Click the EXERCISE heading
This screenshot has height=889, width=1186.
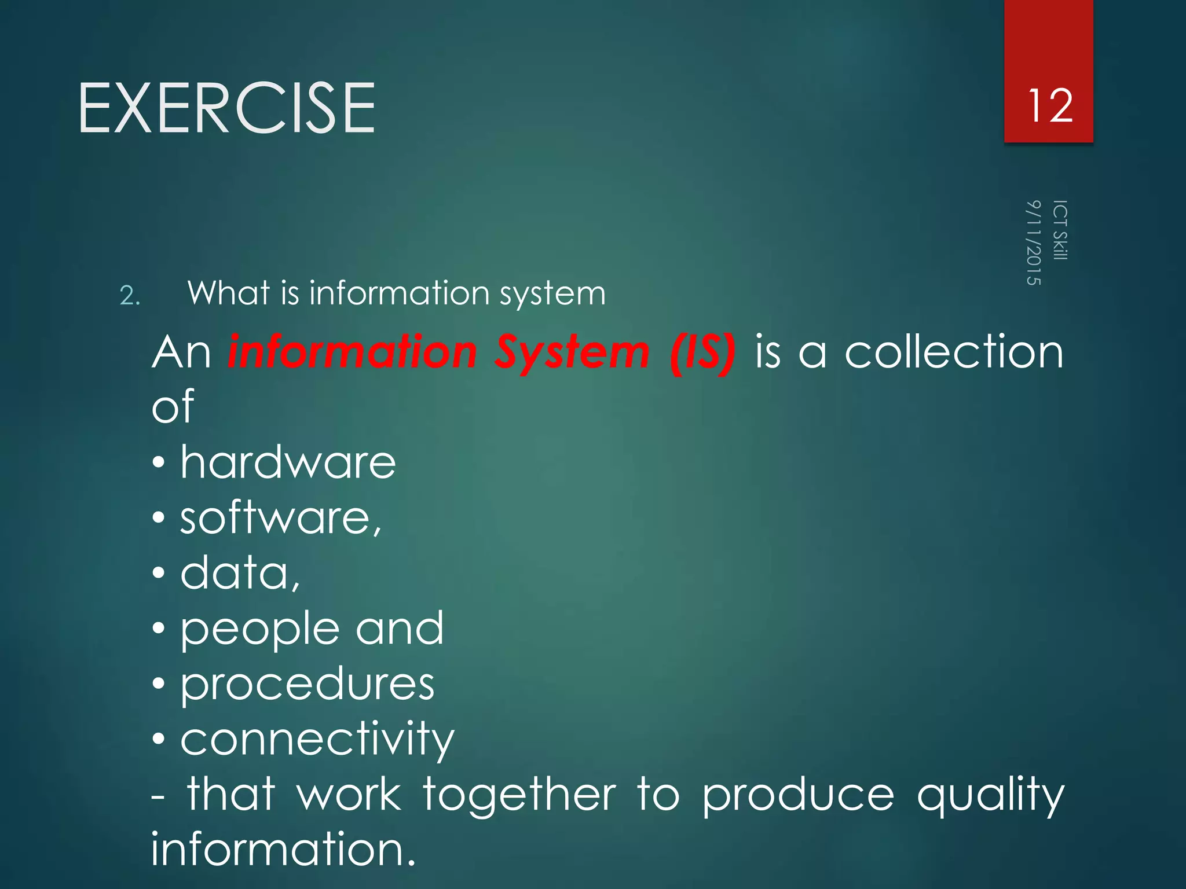point(226,108)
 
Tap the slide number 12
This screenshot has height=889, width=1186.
point(1049,106)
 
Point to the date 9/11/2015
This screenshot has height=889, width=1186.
point(1034,243)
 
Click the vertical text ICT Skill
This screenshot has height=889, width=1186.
point(1060,230)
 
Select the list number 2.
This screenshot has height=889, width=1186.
point(129,296)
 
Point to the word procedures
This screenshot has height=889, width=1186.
point(307,685)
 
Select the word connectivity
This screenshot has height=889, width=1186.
point(317,740)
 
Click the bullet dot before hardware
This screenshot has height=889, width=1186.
point(159,463)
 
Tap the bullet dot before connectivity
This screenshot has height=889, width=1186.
point(159,739)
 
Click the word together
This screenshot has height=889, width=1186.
point(519,795)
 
